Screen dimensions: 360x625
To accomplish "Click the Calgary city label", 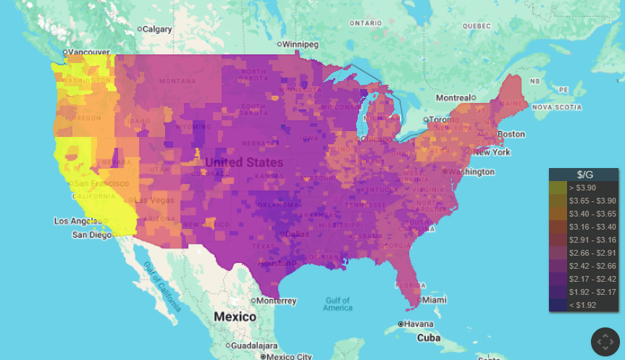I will click(x=157, y=30).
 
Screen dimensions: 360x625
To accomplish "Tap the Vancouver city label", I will click(x=88, y=52).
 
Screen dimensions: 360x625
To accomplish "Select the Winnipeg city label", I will click(x=300, y=44).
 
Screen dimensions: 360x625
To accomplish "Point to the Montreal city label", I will click(x=453, y=98).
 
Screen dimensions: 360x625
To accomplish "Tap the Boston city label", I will click(x=511, y=134).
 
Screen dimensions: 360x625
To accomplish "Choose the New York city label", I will click(x=492, y=152).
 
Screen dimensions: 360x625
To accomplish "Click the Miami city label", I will click(x=435, y=300).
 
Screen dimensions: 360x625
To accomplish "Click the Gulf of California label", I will click(x=161, y=287).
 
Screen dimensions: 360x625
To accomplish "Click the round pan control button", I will click(x=605, y=342).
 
